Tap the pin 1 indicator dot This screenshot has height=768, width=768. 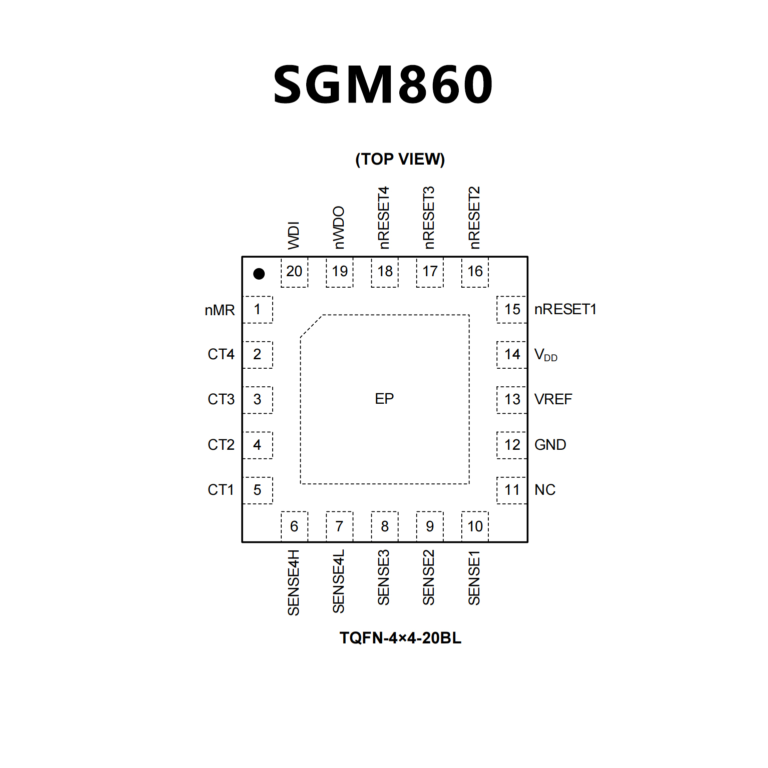pyautogui.click(x=259, y=274)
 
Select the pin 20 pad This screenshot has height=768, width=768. pyautogui.click(x=294, y=272)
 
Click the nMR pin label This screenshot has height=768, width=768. pyautogui.click(x=220, y=310)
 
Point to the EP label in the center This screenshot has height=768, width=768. pyautogui.click(x=384, y=399)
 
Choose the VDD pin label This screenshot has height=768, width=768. pyautogui.click(x=545, y=355)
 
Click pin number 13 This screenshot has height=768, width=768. pyautogui.click(x=512, y=399)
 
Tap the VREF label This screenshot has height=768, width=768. pyautogui.click(x=553, y=399)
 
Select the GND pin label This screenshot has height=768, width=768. pyautogui.click(x=550, y=445)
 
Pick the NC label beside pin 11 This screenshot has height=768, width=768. pyautogui.click(x=545, y=490)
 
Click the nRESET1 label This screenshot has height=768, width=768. pyautogui.click(x=565, y=310)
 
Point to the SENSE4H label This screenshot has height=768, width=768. pyautogui.click(x=294, y=582)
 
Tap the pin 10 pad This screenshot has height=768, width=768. pyautogui.click(x=475, y=526)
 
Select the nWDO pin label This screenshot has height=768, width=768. pyautogui.click(x=339, y=228)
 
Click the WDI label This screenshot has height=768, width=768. pyautogui.click(x=294, y=235)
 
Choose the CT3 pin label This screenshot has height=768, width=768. pyautogui.click(x=221, y=399)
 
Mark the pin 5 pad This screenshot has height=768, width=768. pyautogui.click(x=257, y=490)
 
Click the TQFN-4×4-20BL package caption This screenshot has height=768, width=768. pyautogui.click(x=400, y=638)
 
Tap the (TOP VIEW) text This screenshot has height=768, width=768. pyautogui.click(x=400, y=159)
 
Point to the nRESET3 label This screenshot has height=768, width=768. pyautogui.click(x=429, y=218)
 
